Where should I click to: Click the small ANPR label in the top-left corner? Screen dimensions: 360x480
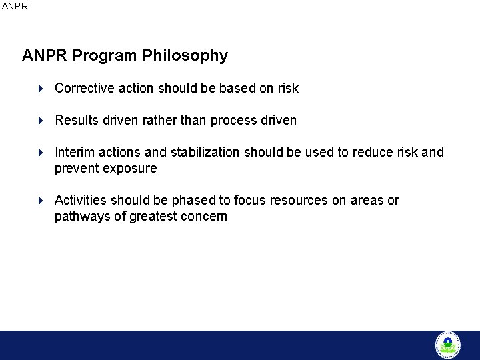coord(15,6)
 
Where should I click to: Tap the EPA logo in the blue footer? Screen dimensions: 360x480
coord(447,345)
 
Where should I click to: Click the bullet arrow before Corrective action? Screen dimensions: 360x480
coord(41,88)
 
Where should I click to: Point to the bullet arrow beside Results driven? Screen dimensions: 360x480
coord(41,121)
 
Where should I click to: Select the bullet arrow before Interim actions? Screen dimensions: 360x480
coord(41,153)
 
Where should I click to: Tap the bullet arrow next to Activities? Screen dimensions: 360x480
coord(41,201)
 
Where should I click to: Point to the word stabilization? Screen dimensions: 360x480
coord(205,152)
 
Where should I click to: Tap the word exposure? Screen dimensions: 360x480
coord(131,169)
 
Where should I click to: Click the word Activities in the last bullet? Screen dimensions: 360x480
coord(81,200)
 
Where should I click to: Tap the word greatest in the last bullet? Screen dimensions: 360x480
coord(154,217)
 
